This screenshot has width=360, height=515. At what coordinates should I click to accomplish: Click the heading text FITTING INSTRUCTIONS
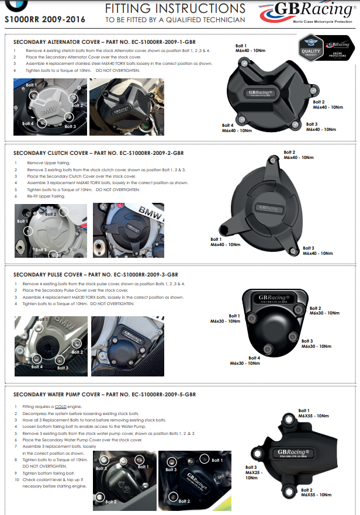click(x=175, y=9)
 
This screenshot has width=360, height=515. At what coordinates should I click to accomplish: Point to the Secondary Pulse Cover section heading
click(x=95, y=274)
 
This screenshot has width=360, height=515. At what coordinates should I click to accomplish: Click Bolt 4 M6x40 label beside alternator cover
click(x=236, y=127)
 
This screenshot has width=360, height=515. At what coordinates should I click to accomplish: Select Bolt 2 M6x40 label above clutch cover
click(x=297, y=155)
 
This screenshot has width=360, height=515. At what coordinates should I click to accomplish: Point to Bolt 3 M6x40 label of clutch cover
click(x=317, y=251)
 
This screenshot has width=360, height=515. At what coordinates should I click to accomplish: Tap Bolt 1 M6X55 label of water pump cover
click(x=314, y=413)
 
